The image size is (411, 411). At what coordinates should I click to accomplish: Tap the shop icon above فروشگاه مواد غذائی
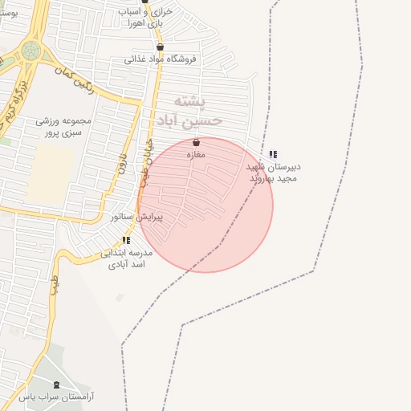tap(160, 47)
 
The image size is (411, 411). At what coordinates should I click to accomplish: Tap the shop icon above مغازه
tap(196, 142)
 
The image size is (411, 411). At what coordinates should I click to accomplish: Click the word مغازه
tap(196, 153)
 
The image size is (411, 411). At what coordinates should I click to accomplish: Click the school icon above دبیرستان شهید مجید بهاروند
tap(273, 154)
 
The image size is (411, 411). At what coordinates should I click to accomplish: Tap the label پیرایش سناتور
tap(136, 217)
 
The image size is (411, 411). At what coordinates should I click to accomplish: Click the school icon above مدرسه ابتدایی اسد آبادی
tap(126, 240)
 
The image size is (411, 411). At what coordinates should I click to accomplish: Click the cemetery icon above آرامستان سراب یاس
tap(56, 385)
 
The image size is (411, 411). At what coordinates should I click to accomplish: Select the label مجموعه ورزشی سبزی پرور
tap(63, 127)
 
